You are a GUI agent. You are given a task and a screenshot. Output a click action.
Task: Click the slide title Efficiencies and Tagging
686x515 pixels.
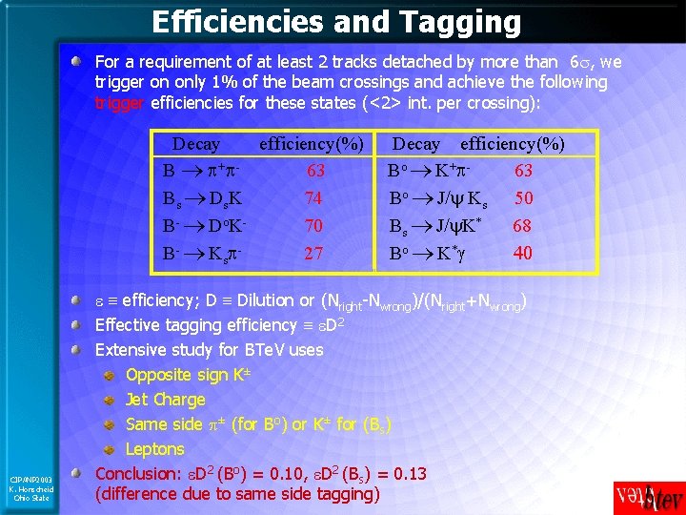click(336, 21)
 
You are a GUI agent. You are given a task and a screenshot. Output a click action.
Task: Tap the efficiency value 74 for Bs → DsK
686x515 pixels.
click(313, 199)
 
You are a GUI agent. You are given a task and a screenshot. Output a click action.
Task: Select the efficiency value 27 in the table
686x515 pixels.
click(313, 254)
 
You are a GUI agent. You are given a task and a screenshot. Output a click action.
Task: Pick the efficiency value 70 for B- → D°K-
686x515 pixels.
click(313, 227)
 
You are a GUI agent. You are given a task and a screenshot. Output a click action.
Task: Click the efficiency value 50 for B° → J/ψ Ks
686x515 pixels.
click(524, 199)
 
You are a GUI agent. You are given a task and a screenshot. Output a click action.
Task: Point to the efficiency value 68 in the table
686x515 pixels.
click(522, 227)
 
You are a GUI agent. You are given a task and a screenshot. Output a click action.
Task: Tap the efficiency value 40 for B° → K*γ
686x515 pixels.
click(523, 254)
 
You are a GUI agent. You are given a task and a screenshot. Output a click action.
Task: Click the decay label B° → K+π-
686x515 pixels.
click(432, 173)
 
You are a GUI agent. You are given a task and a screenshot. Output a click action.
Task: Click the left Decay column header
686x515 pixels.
click(195, 145)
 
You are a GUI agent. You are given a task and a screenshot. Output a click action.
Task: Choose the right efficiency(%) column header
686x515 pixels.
click(513, 145)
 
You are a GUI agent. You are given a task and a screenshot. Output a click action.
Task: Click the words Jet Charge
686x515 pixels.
click(166, 400)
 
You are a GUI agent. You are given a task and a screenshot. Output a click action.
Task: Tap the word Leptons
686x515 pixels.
click(155, 449)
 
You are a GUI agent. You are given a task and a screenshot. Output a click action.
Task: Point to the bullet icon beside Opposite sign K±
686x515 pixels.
click(111, 375)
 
